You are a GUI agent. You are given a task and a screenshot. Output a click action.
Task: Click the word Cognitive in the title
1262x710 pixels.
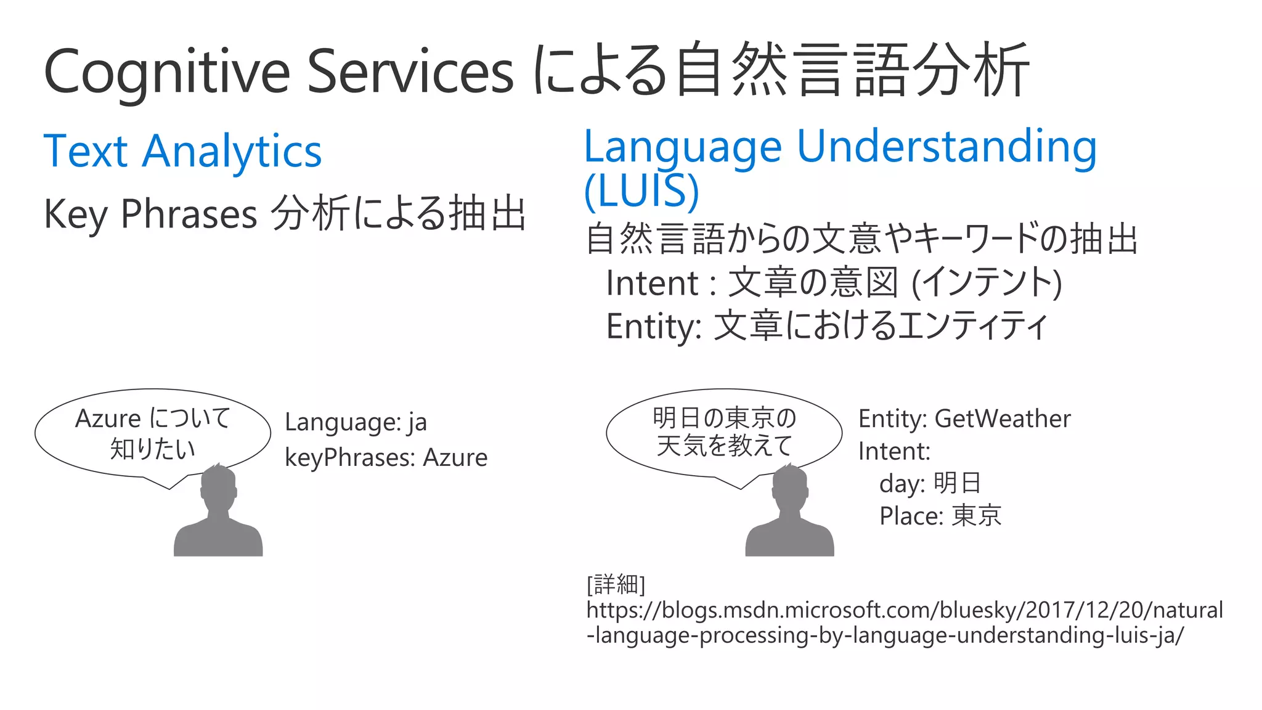[166, 71]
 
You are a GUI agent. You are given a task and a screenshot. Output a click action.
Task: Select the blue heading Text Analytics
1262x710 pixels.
[182, 151]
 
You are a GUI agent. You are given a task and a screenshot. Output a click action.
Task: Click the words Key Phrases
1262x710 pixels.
[150, 214]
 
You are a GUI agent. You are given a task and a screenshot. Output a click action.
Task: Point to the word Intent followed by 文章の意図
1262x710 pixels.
[651, 284]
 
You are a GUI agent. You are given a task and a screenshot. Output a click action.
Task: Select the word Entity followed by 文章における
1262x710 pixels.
[653, 326]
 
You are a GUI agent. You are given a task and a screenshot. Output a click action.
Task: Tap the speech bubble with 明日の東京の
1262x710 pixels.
[724, 431]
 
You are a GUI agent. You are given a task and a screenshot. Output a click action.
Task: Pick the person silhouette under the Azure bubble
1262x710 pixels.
[218, 512]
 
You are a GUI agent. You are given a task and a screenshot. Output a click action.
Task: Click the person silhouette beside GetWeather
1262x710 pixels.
[789, 512]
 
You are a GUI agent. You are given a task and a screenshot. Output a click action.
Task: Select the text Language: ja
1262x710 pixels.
[356, 422]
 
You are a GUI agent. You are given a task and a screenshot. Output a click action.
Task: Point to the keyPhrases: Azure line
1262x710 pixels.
[386, 458]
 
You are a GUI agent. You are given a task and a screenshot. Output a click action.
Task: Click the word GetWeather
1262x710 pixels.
[1003, 419]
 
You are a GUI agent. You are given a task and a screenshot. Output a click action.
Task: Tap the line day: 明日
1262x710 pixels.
[930, 483]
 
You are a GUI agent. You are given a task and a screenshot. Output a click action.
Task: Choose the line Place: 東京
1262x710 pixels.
[940, 516]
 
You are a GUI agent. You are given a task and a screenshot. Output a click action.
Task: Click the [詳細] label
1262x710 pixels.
[616, 583]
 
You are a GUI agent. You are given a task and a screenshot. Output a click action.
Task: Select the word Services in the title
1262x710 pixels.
[410, 71]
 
